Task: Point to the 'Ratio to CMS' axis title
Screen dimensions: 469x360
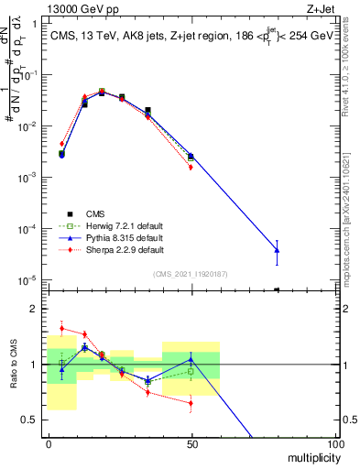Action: [x=14, y=365]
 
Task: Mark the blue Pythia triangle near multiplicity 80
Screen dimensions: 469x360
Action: [x=277, y=250]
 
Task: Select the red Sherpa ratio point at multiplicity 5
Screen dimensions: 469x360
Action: [x=61, y=328]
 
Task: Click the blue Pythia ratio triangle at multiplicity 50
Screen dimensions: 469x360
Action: [x=191, y=359]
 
